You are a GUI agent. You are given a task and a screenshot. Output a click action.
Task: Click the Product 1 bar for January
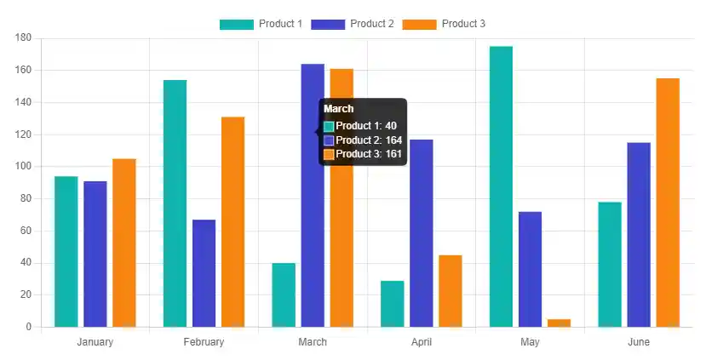click(66, 251)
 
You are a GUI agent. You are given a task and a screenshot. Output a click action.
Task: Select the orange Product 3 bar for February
click(232, 221)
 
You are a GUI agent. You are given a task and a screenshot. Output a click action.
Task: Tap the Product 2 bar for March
click(313, 195)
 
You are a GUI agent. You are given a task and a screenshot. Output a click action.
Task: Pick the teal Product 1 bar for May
click(501, 186)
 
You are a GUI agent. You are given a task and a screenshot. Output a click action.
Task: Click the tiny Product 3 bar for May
click(559, 323)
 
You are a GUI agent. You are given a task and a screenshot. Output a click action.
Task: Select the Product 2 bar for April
click(421, 232)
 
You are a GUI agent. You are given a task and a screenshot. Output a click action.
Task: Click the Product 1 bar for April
click(392, 303)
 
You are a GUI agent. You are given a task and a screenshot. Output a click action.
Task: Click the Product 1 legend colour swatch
click(236, 24)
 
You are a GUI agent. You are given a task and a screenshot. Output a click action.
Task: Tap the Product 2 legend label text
click(372, 24)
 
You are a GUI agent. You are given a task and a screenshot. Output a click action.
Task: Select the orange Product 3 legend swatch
click(419, 24)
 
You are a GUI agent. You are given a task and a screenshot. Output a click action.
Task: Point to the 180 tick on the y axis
click(23, 38)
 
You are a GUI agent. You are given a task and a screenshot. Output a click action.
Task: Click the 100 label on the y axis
click(23, 167)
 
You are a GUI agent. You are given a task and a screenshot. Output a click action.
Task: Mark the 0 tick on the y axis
click(28, 327)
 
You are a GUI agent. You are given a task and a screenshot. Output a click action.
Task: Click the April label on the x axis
click(421, 342)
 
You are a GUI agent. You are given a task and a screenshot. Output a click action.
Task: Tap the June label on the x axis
click(639, 342)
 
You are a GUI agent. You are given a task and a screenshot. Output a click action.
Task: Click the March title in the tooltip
click(339, 109)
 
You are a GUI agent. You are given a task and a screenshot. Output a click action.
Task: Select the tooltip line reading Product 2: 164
click(369, 140)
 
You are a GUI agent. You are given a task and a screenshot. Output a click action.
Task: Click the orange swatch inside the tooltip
click(329, 154)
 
